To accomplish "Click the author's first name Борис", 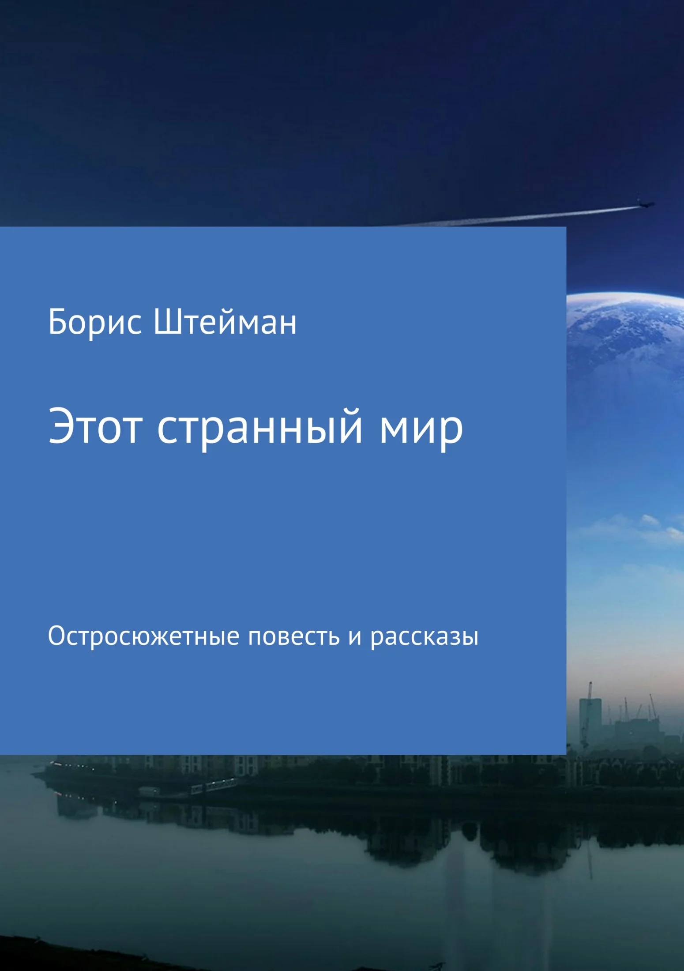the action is click(x=95, y=323).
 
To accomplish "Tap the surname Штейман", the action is click(x=225, y=323).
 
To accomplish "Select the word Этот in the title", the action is click(x=95, y=426).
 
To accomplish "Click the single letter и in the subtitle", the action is click(x=355, y=638).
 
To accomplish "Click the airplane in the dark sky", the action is click(x=645, y=204).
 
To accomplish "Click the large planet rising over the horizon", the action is click(x=625, y=344).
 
